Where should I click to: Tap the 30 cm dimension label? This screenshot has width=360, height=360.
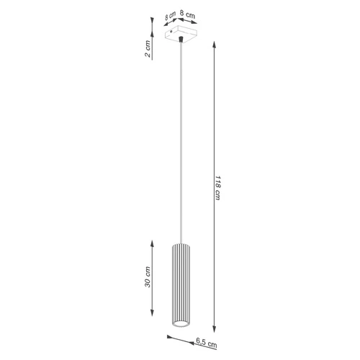[x=148, y=277]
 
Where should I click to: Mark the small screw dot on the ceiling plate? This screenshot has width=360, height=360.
[x=171, y=31]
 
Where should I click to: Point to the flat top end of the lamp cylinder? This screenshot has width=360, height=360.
[x=179, y=244]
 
